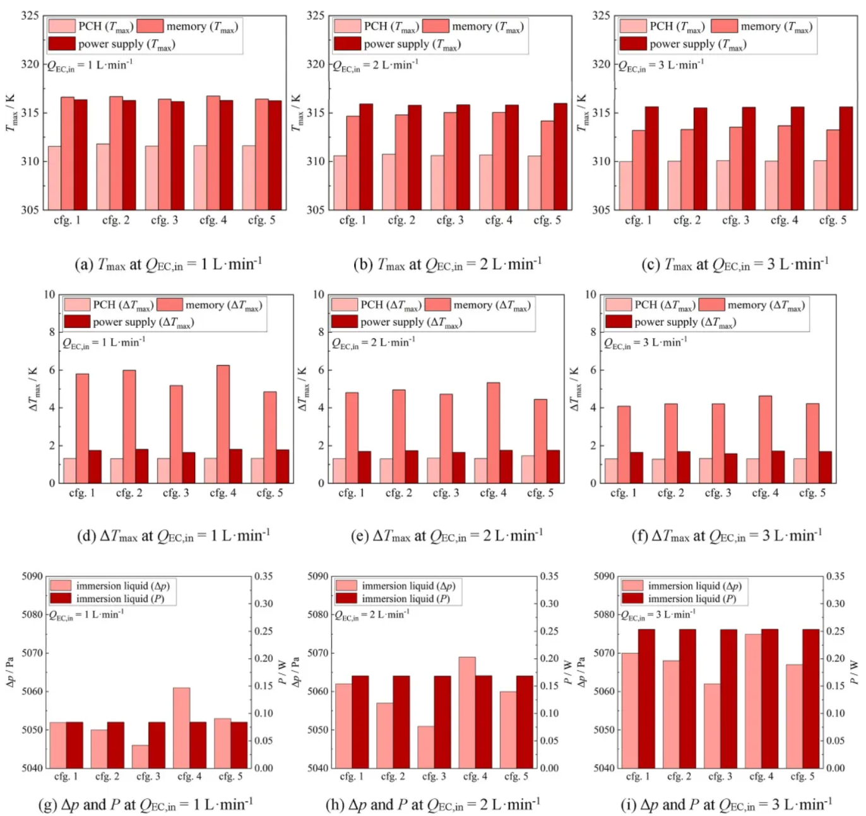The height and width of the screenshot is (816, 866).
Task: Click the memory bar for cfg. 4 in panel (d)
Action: point(223,424)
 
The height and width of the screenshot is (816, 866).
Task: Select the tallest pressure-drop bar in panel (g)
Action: point(181,728)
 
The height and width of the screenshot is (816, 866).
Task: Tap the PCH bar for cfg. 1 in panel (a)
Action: point(55,178)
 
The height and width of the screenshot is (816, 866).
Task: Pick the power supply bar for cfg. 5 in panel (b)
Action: point(560,156)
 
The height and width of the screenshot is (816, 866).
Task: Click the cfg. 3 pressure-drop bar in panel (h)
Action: point(425,747)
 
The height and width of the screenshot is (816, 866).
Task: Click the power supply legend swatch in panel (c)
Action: point(632,44)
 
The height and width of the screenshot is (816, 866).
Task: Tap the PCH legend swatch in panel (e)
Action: point(345,305)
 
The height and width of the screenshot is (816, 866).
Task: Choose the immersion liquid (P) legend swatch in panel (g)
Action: point(61,598)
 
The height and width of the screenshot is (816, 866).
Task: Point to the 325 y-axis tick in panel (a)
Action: point(30,16)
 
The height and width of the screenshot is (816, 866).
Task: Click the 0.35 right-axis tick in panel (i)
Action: point(836,576)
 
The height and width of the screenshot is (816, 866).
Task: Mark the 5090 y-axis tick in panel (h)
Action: point(317,576)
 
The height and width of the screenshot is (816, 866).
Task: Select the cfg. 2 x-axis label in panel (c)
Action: point(687,220)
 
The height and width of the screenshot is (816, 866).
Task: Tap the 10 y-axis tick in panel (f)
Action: point(591,294)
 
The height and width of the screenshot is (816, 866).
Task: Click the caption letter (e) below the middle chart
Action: point(360,536)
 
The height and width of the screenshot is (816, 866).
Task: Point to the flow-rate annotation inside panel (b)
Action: point(376,66)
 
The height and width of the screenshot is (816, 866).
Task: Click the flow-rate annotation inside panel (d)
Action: point(104,343)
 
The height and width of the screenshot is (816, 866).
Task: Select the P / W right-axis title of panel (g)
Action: point(282,672)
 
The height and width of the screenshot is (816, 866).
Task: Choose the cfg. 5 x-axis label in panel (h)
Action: point(516,776)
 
